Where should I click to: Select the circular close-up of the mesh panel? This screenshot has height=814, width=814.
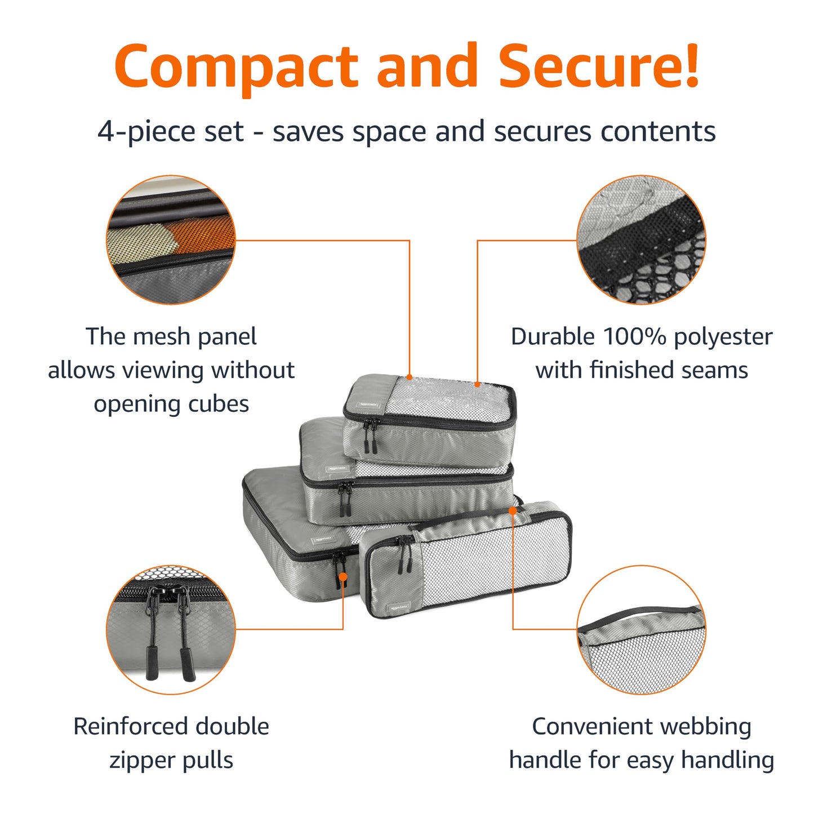(x=171, y=240)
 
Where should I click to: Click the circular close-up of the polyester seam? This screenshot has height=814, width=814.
(x=641, y=240)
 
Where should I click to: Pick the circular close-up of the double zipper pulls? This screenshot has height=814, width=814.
(x=171, y=630)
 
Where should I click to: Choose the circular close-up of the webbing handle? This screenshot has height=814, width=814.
(x=641, y=630)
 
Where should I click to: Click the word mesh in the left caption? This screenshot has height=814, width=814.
(x=161, y=337)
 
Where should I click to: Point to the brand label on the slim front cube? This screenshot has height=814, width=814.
(x=398, y=608)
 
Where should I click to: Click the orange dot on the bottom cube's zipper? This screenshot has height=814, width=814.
(x=343, y=576)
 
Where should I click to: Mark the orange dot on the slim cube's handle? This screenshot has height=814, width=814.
(x=513, y=510)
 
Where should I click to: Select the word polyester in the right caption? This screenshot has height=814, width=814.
(x=723, y=337)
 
